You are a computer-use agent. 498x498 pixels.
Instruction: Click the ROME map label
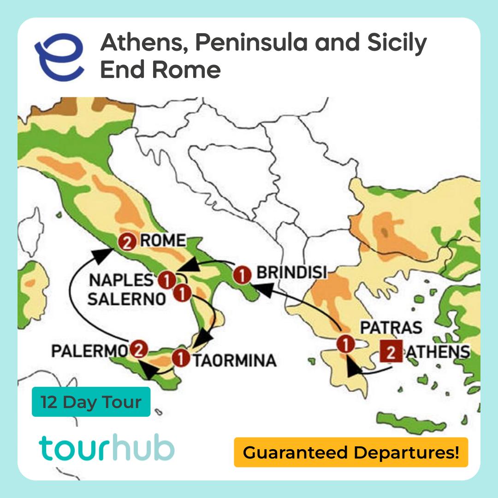click(x=163, y=241)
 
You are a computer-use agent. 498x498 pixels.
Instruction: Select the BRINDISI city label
click(x=291, y=273)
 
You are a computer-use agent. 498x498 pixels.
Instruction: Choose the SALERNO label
click(x=126, y=299)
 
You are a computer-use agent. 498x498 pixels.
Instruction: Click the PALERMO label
click(x=89, y=350)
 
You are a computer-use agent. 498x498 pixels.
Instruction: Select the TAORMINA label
click(x=234, y=360)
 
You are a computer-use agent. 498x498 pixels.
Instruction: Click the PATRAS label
click(x=391, y=328)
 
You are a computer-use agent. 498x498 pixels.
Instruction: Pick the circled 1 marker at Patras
click(x=345, y=344)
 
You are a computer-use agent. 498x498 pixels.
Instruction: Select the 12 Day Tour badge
click(x=91, y=402)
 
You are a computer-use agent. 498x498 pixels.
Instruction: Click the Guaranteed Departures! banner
click(x=351, y=452)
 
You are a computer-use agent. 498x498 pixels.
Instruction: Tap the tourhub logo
click(x=107, y=448)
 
